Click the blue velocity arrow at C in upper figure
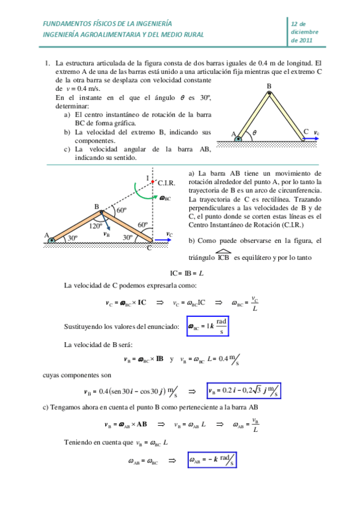(311, 139)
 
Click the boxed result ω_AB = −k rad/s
(211, 461)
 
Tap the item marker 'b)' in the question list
(67, 132)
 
